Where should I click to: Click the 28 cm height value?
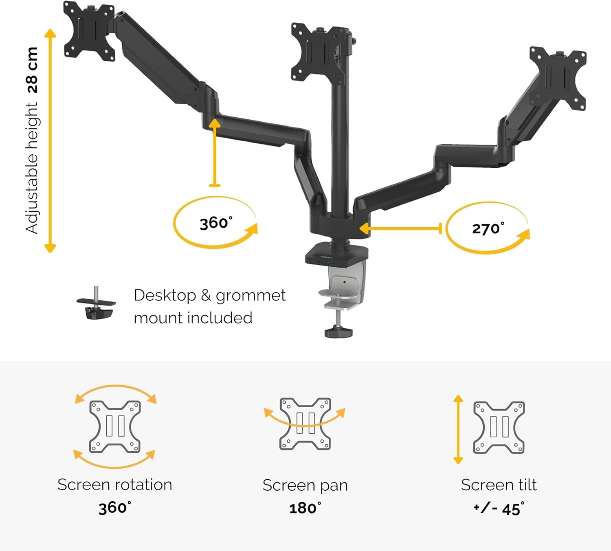(x=32, y=70)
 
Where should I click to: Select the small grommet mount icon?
(x=96, y=304)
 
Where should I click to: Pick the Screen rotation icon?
(x=115, y=426)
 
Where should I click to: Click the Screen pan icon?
(x=305, y=424)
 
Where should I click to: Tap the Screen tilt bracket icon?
(x=499, y=428)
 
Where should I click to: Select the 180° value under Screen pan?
(x=305, y=508)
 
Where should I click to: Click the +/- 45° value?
(x=499, y=508)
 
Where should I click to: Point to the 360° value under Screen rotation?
(x=115, y=507)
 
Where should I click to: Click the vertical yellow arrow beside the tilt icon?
(x=458, y=429)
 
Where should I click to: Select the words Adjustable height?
(x=32, y=168)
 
